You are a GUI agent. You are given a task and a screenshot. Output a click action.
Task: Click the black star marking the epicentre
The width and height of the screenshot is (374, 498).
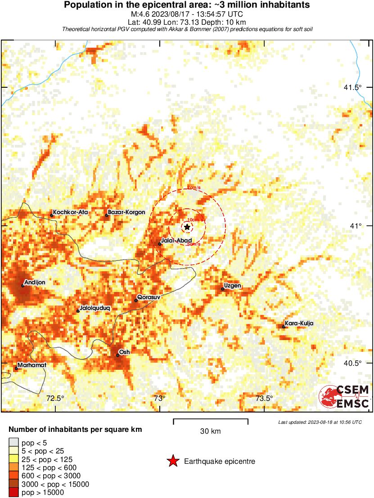click(x=187, y=227)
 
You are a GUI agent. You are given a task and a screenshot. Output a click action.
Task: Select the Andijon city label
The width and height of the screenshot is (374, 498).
click(x=35, y=282)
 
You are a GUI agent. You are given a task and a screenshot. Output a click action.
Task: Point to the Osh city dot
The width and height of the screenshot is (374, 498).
click(x=117, y=355)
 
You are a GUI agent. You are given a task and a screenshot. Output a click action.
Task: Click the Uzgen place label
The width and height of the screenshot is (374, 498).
click(x=233, y=286)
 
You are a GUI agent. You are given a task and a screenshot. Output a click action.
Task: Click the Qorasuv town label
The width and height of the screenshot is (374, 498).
click(x=149, y=297)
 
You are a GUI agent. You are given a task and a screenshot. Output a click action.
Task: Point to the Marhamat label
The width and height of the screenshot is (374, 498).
click(x=32, y=365)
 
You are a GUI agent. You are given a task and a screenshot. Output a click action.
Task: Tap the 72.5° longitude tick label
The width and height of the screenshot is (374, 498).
click(x=55, y=398)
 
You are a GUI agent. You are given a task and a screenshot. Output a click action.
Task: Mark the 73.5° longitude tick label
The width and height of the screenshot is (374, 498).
click(x=264, y=398)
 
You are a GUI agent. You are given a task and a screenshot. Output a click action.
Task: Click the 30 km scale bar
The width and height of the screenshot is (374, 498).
click(x=211, y=422)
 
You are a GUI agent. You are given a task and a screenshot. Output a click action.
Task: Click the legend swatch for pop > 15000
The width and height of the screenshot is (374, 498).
click(x=14, y=493)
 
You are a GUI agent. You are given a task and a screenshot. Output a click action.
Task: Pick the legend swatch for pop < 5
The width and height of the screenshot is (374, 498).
click(x=14, y=443)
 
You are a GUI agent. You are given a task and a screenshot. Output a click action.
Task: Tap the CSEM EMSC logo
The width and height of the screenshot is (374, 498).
click(x=344, y=396)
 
